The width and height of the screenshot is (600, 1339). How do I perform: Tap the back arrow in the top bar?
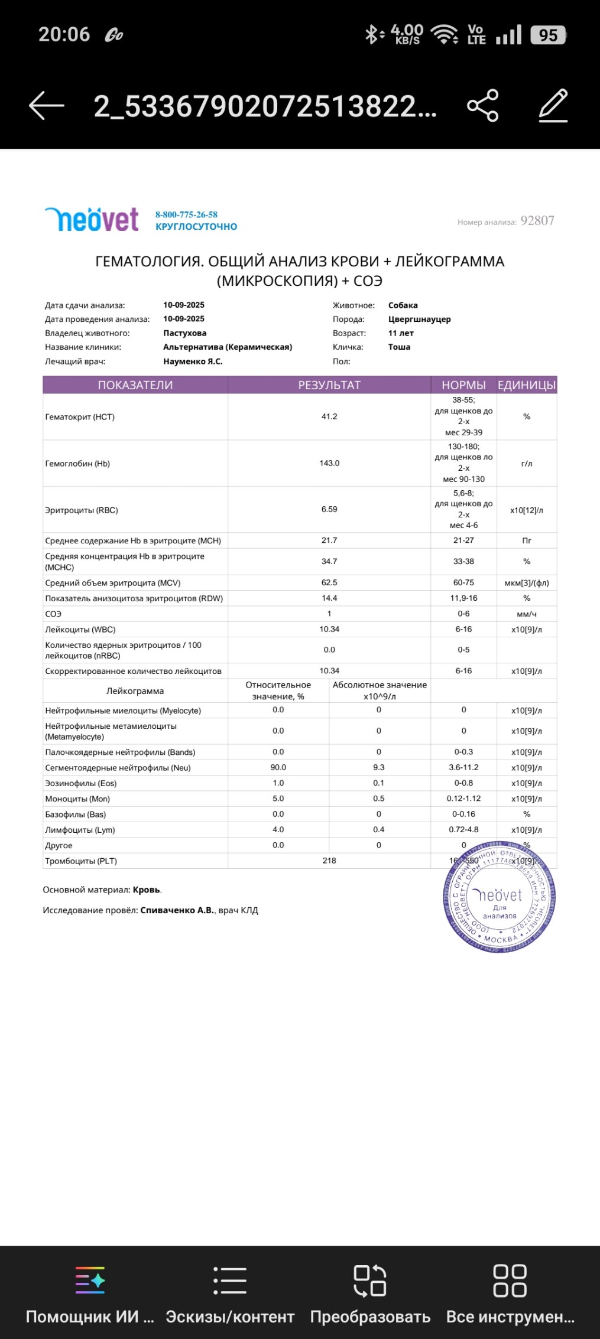point(46,106)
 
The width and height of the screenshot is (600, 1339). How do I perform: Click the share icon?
point(482,106)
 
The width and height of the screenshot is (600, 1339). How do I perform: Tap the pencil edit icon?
point(553,106)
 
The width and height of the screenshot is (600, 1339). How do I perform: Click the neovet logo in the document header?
point(92,220)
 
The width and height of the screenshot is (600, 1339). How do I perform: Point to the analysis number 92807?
point(537,221)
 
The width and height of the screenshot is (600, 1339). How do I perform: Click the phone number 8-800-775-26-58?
point(186,214)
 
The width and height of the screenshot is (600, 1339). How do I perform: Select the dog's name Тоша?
point(399,347)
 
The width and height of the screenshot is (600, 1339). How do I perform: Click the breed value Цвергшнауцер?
point(419,320)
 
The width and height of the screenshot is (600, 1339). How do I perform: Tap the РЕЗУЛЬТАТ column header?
point(329,385)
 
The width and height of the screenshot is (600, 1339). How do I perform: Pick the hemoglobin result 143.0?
point(329,463)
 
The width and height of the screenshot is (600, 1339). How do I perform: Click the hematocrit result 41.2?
point(329,416)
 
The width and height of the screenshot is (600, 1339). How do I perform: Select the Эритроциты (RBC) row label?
point(82,510)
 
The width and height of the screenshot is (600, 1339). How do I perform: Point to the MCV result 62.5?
point(329,582)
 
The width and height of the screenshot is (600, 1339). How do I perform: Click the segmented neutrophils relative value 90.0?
point(278,767)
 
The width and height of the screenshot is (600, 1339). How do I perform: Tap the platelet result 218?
point(329,861)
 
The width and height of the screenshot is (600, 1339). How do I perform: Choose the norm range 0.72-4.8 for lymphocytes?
point(463,830)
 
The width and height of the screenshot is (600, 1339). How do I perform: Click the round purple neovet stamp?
point(500,897)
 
